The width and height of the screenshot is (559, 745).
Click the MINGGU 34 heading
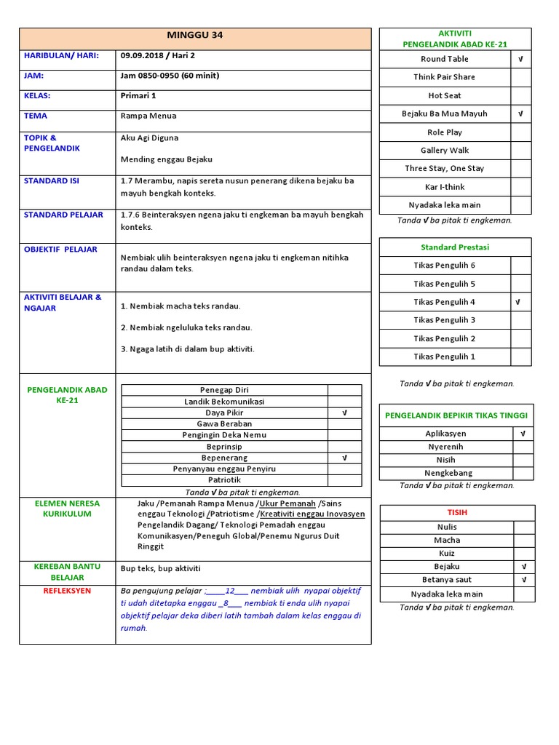click(x=195, y=36)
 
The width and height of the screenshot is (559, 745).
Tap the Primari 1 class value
click(x=138, y=95)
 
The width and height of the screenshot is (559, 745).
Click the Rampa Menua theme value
click(x=148, y=116)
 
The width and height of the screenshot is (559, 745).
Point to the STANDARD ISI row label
click(x=52, y=180)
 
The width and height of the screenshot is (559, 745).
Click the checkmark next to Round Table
click(x=520, y=59)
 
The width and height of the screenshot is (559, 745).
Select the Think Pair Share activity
click(x=444, y=77)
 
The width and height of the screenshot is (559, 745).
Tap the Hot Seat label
click(x=444, y=95)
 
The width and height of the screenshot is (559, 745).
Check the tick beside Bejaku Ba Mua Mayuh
click(x=520, y=113)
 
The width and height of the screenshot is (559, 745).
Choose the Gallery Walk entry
click(x=444, y=150)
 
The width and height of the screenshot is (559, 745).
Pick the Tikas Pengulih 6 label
click(x=444, y=266)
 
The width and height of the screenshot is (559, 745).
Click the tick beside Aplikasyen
click(x=523, y=434)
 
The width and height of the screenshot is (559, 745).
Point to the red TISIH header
click(x=457, y=512)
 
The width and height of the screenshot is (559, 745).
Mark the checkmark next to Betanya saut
click(x=523, y=580)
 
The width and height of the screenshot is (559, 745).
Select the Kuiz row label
click(x=447, y=553)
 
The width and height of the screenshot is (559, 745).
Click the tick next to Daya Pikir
click(x=344, y=413)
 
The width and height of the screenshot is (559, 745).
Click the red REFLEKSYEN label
click(x=67, y=591)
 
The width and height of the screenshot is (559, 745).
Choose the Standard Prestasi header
click(x=444, y=247)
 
